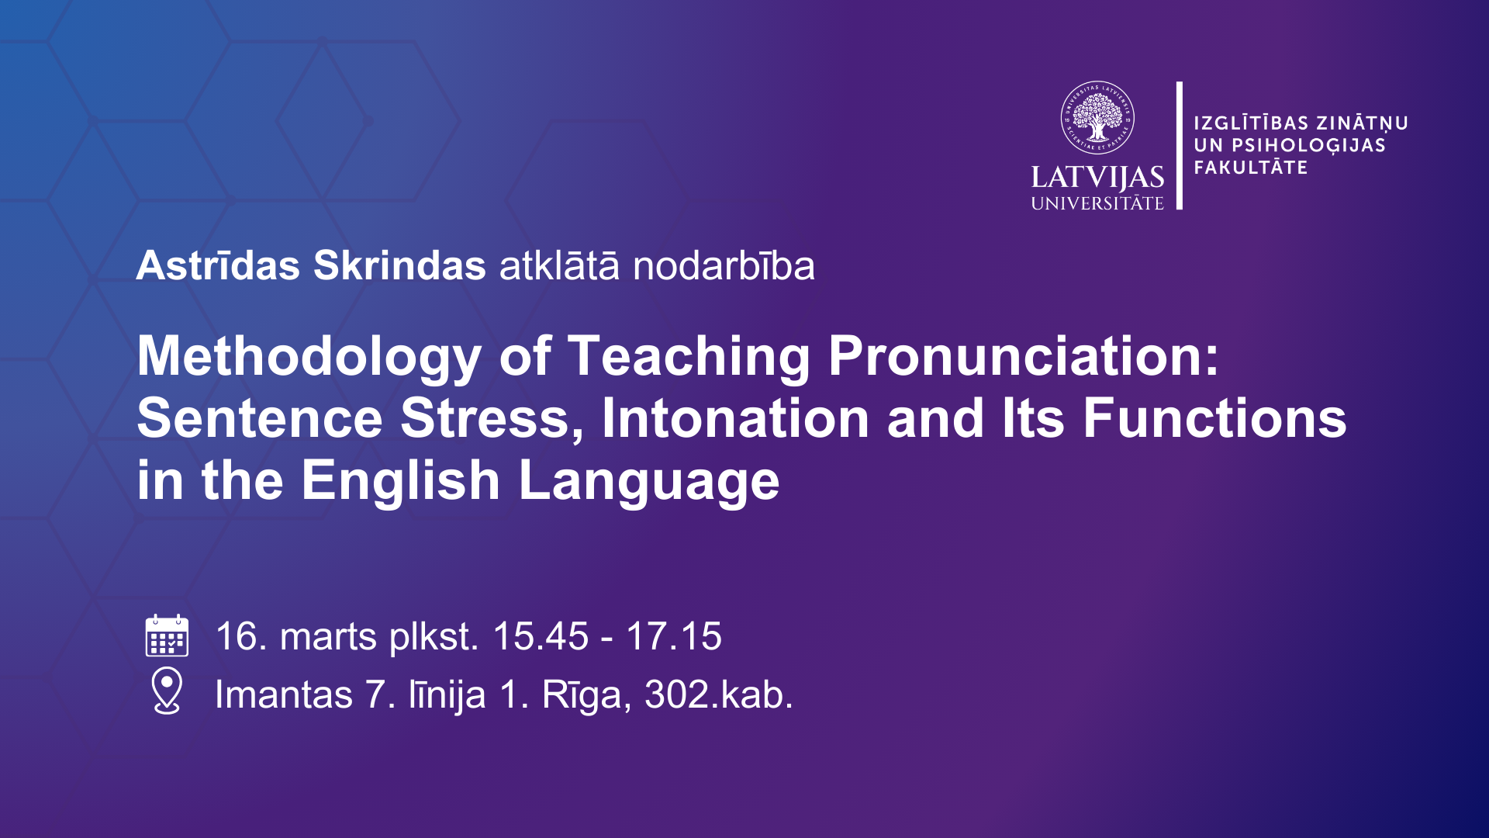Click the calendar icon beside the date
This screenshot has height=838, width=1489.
tap(167, 635)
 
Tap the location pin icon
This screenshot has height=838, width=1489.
tap(167, 691)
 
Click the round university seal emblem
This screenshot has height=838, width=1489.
tap(1097, 118)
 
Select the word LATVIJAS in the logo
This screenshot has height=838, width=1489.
tap(1097, 178)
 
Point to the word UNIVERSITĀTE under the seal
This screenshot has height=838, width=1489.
tap(1097, 203)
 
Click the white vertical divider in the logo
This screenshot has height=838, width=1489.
tap(1180, 145)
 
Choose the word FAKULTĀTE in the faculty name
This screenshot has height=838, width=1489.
tap(1250, 167)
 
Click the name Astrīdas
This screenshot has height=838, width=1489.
tap(218, 265)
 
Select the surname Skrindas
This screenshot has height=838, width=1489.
tap(399, 265)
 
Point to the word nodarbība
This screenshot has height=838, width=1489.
tap(724, 265)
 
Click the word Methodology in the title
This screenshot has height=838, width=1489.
tap(309, 357)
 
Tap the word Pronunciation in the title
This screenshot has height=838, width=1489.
tap(1024, 356)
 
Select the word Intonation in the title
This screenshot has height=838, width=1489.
tap(735, 418)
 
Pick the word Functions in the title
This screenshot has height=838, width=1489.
tap(1214, 418)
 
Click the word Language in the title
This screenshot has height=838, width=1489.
tap(648, 481)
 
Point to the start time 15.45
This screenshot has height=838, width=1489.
tap(541, 636)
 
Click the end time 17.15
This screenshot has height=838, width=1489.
tap(674, 636)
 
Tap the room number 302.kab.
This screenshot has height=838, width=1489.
tap(719, 694)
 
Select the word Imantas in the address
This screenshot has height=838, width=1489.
tap(284, 694)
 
